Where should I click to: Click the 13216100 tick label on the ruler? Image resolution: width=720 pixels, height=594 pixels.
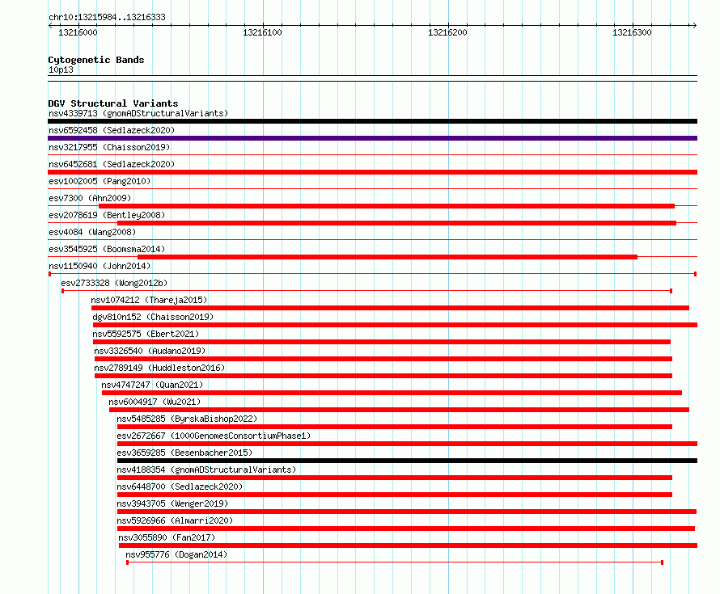262,32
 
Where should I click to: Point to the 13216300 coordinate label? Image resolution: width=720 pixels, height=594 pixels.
632,32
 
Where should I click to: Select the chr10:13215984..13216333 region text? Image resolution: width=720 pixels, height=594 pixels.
107,18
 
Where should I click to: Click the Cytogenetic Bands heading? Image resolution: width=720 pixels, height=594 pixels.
96,60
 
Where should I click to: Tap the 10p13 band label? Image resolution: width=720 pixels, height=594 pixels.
61,70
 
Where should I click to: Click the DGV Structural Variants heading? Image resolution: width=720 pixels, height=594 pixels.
113,103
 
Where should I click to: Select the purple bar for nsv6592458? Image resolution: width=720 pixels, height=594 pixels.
372,138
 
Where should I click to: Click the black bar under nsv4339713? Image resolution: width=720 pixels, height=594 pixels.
372,121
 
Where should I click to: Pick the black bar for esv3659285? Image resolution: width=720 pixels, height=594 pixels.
407,461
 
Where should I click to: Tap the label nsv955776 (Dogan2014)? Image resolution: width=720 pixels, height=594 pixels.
176,554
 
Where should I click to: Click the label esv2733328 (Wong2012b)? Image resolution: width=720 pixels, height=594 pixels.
114,283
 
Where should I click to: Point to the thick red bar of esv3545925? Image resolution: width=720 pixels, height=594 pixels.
388,257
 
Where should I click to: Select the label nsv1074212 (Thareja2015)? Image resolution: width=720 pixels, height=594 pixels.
149,300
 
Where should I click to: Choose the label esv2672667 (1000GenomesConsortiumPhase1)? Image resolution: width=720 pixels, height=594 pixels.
214,436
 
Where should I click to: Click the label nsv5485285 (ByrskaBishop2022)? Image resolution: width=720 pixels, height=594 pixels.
187,419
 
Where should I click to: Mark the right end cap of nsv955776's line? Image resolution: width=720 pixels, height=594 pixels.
662,562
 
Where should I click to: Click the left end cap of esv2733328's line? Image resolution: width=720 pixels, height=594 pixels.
63,291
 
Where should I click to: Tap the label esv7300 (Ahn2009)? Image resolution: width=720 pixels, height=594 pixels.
90,198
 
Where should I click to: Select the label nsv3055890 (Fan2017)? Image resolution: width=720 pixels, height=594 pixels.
167,537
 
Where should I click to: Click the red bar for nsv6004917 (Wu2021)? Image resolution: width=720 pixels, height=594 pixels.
399,410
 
